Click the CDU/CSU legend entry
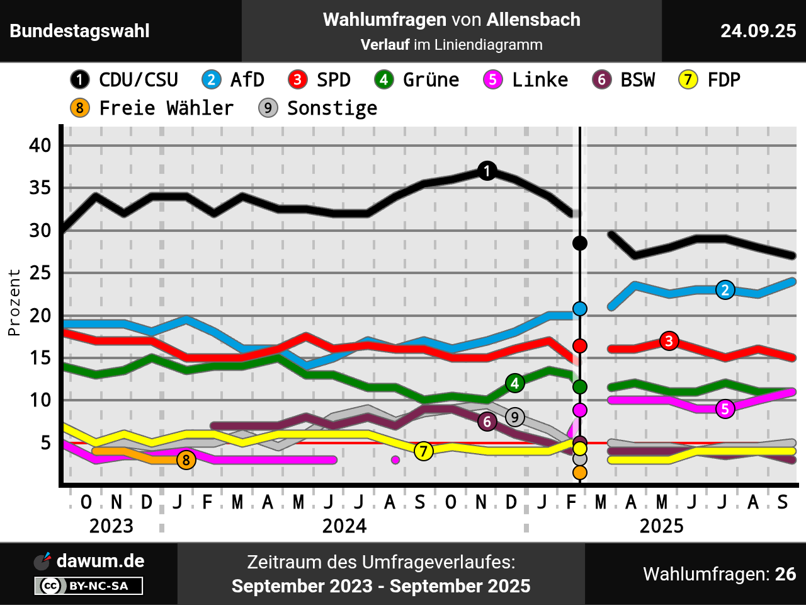pos(125,80)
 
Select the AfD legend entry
pos(234,80)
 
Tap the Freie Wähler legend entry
pos(152,108)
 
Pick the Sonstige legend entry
pos(319,108)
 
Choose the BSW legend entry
pos(624,80)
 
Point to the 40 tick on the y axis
pos(40,146)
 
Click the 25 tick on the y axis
pos(40,274)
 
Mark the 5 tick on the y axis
pos(45,444)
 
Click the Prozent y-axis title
pos(14,302)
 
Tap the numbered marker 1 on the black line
pos(487,171)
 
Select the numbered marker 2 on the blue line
pos(725,290)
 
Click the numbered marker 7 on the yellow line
pos(424,451)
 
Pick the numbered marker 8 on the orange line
pos(186,460)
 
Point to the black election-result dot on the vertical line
pos(580,243)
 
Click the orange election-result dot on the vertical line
pos(580,473)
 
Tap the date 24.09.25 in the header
pos(758,31)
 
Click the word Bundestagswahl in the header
pos(80,31)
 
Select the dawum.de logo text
pos(100,561)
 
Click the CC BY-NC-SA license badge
pos(89,586)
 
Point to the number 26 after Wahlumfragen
pos(785,574)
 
